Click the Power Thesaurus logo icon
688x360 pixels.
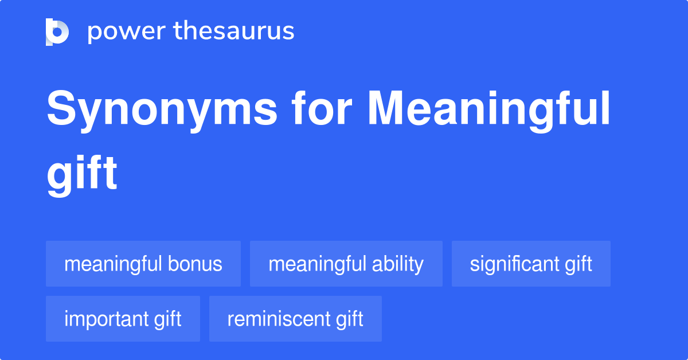coord(57,32)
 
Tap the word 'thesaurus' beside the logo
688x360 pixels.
coord(234,32)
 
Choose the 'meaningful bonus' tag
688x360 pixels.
coord(143,264)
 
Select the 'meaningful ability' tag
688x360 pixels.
coord(346,264)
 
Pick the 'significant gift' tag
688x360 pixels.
coord(531,264)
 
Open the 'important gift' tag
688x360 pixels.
coord(123,319)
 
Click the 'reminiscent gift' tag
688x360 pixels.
coord(295,319)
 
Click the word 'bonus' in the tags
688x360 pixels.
coord(195,264)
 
